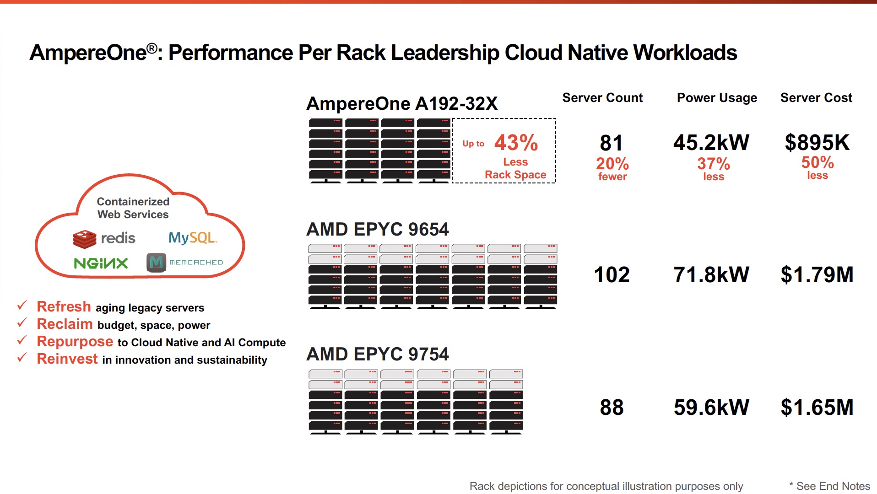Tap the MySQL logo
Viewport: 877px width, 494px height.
(192, 238)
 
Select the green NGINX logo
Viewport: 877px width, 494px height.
(101, 263)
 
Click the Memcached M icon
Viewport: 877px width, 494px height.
(156, 263)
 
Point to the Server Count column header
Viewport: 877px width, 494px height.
(602, 98)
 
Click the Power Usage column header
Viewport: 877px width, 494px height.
(717, 98)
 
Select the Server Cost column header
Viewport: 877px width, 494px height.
(816, 98)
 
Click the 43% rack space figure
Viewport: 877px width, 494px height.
(516, 143)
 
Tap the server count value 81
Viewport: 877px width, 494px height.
(611, 143)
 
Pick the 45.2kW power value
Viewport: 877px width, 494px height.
(711, 143)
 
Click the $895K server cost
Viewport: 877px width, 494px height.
(817, 143)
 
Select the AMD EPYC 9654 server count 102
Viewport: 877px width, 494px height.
(612, 275)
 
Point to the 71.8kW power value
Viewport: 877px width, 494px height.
(711, 275)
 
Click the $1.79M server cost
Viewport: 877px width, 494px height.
(817, 275)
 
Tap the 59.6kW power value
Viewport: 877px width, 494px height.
(711, 407)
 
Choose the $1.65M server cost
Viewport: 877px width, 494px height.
(817, 407)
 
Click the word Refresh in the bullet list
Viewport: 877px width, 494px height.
(64, 306)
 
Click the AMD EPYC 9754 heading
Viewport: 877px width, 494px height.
(378, 354)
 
